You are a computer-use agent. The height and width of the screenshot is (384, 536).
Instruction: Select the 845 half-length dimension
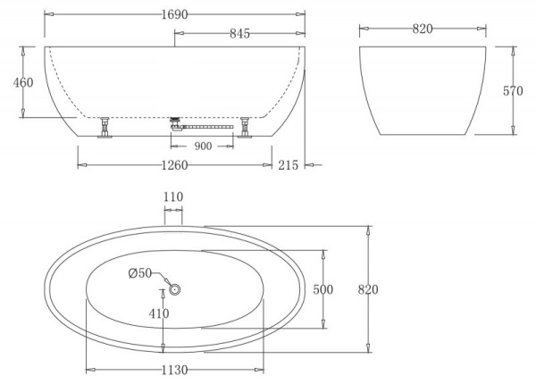coord(239,33)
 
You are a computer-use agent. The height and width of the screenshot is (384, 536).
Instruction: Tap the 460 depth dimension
coord(23,82)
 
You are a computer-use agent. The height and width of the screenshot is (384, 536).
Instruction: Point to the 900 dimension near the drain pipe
coord(203,146)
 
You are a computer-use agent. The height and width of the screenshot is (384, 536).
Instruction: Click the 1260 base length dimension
coord(174,164)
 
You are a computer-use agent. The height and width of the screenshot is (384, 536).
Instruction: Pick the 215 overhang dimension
coord(288,164)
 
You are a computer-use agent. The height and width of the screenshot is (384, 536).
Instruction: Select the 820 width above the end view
coord(423,29)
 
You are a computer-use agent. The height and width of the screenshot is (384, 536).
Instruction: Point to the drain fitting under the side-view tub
coord(174,122)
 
